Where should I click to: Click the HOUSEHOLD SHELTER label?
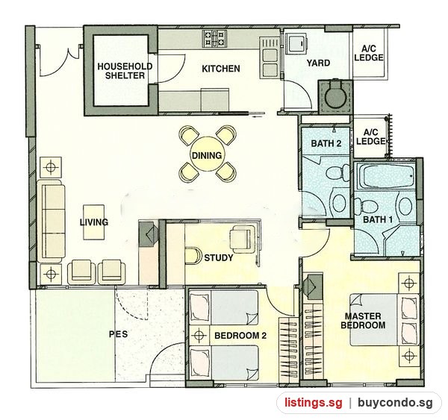click(125, 71)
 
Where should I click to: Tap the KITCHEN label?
click(221, 69)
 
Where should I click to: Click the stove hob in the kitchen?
click(214, 39)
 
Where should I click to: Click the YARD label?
click(318, 63)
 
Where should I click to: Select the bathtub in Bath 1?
click(385, 177)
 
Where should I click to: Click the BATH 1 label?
click(378, 219)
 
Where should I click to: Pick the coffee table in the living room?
click(94, 222)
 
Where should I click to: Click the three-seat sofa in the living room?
click(51, 222)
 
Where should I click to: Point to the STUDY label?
click(219, 258)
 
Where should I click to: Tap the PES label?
click(118, 334)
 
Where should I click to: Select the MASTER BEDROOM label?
click(363, 321)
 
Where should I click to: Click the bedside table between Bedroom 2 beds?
click(199, 335)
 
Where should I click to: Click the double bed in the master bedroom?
click(385, 320)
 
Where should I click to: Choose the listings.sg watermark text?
click(313, 403)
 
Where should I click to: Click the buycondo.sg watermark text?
click(395, 403)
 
